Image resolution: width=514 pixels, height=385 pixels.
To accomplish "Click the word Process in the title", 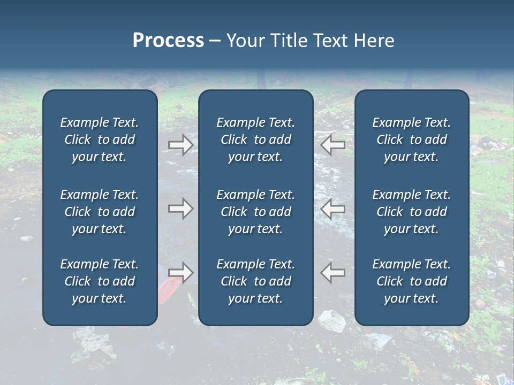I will point(168,41).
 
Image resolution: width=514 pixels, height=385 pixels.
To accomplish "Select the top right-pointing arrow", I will point(180,144).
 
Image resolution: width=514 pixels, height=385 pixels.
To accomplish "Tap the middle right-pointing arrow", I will point(180,209).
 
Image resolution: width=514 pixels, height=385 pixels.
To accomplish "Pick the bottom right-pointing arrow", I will point(180,273).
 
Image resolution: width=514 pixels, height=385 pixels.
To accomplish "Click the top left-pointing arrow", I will point(333,144).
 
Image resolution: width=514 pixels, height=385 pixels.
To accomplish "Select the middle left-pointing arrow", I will point(333,209).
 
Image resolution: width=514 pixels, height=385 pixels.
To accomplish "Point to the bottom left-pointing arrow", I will point(333,273).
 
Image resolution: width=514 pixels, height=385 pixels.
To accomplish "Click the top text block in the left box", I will point(100,140).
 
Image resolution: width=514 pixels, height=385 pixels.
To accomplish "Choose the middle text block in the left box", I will point(100,212).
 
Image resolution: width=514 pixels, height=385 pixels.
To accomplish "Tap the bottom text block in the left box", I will point(100,281).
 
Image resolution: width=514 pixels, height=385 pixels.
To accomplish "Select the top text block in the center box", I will point(255,140).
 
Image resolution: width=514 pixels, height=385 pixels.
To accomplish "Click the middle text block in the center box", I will point(255,212).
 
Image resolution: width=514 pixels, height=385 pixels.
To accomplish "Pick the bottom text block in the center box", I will point(255,281).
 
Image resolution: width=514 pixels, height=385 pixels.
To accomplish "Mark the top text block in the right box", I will point(411,140).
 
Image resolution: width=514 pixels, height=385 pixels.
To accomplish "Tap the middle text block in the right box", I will point(411,212).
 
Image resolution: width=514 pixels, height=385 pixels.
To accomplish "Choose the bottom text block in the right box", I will point(411,281).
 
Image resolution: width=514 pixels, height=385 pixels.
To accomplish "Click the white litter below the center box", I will point(332,321).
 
